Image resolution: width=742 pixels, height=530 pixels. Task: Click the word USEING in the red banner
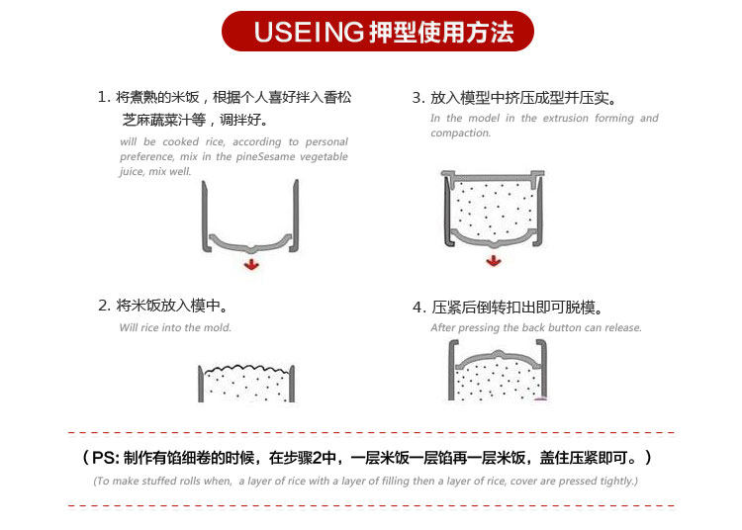[309, 33]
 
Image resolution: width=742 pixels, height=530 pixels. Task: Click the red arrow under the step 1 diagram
[251, 264]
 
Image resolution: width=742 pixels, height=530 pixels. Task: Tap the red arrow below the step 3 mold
[494, 260]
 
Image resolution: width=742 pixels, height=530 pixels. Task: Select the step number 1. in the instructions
[104, 97]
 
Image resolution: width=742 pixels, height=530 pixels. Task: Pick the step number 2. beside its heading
[104, 306]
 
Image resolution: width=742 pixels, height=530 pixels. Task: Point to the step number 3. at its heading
[418, 98]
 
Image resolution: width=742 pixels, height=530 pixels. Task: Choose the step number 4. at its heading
[418, 308]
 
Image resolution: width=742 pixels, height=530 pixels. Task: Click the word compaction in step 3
[460, 132]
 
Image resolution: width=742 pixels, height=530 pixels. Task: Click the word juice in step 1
[131, 171]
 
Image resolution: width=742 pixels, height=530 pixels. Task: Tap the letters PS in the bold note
[105, 457]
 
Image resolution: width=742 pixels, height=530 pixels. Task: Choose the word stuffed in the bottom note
[158, 481]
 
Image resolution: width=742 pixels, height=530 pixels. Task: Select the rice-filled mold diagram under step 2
[246, 383]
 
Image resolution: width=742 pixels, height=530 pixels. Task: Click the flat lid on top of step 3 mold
[493, 176]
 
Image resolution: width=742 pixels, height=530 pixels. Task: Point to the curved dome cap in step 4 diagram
[498, 358]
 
